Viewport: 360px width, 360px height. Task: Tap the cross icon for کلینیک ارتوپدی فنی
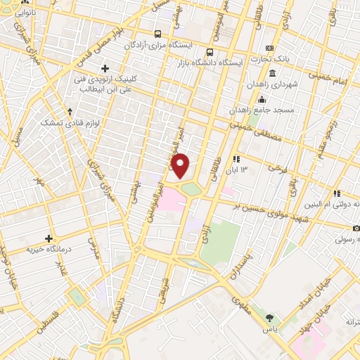click(x=105, y=69)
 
